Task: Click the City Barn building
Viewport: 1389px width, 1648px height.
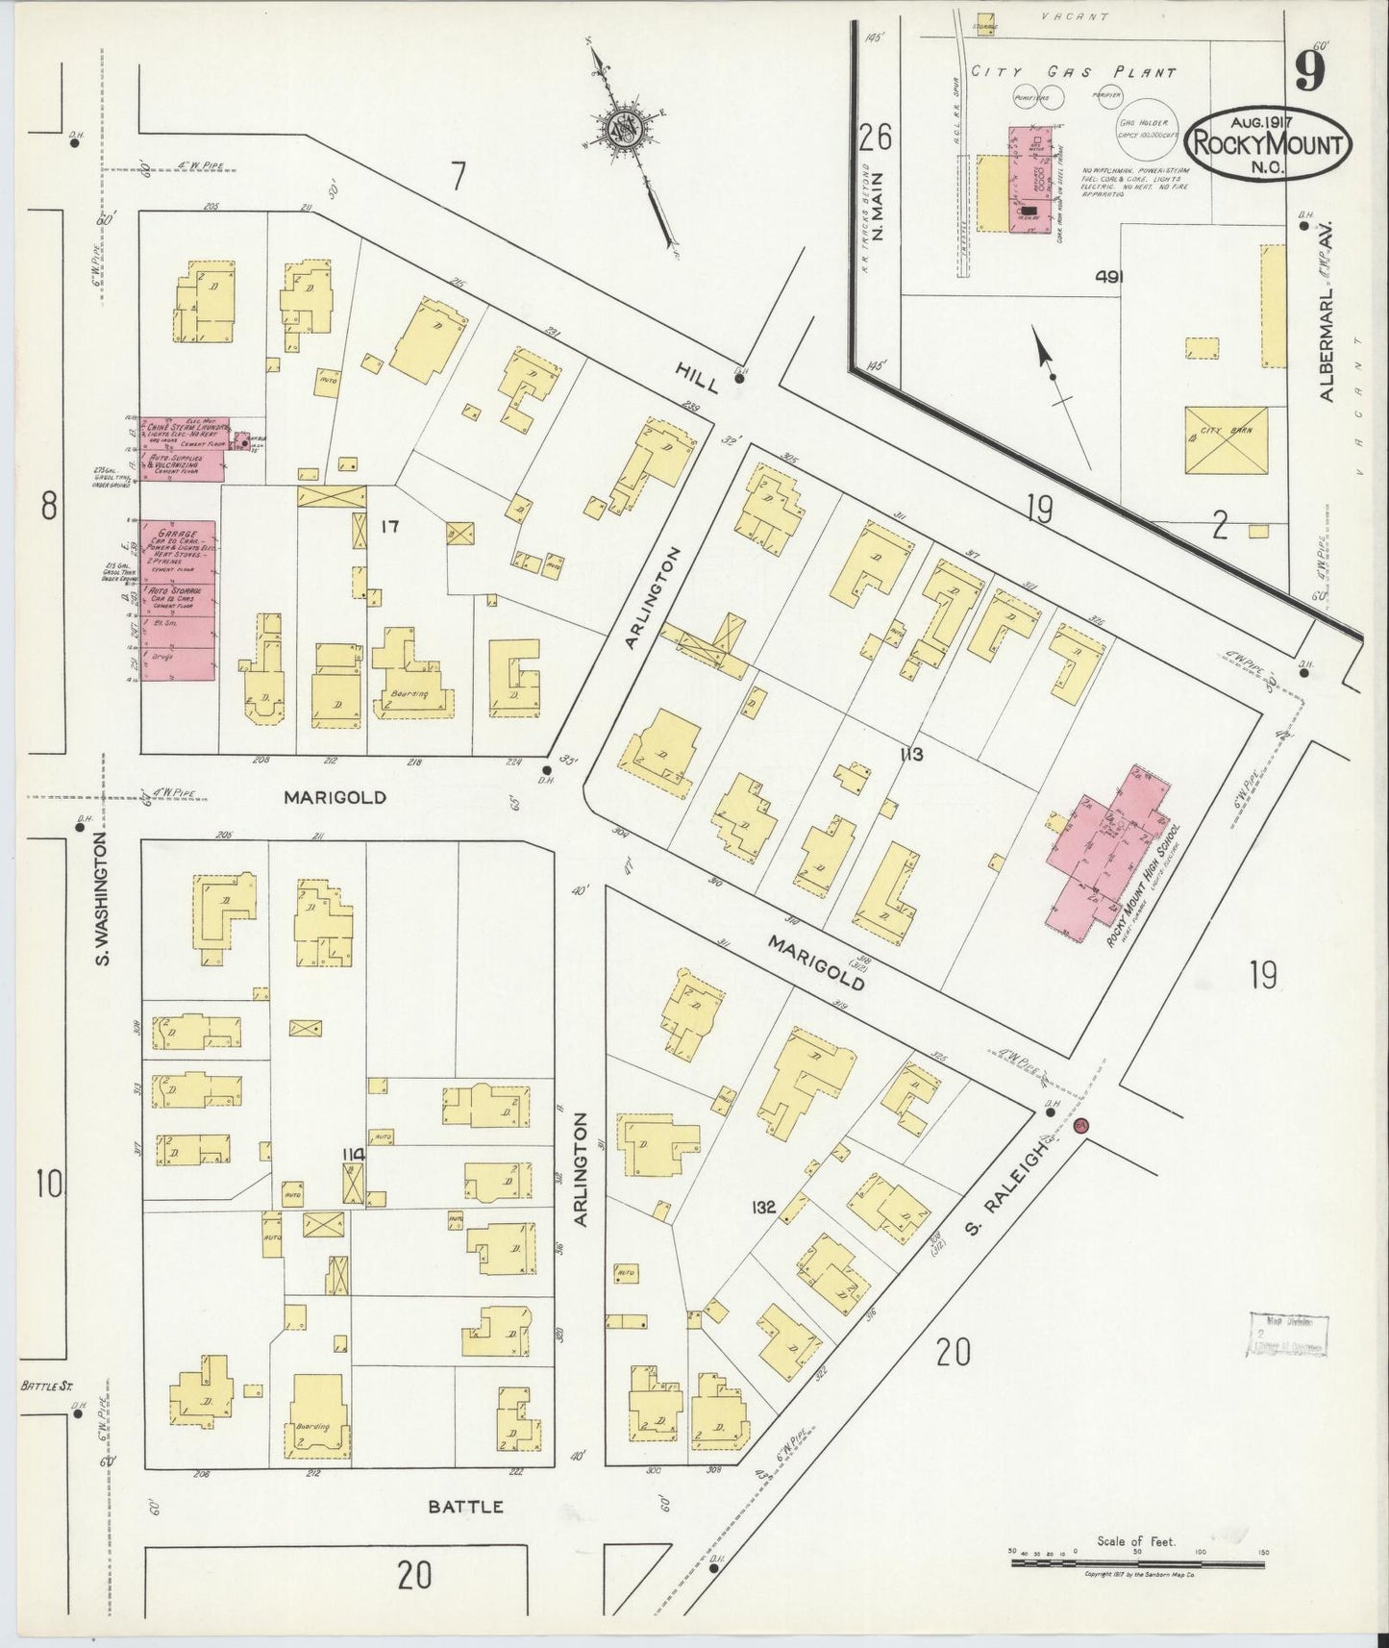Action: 1226,439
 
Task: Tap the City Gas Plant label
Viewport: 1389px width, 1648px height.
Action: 1073,72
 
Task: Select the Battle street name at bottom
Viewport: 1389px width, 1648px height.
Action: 465,1507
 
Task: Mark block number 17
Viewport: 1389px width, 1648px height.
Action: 388,526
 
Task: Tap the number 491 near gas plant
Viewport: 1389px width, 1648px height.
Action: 1109,277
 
